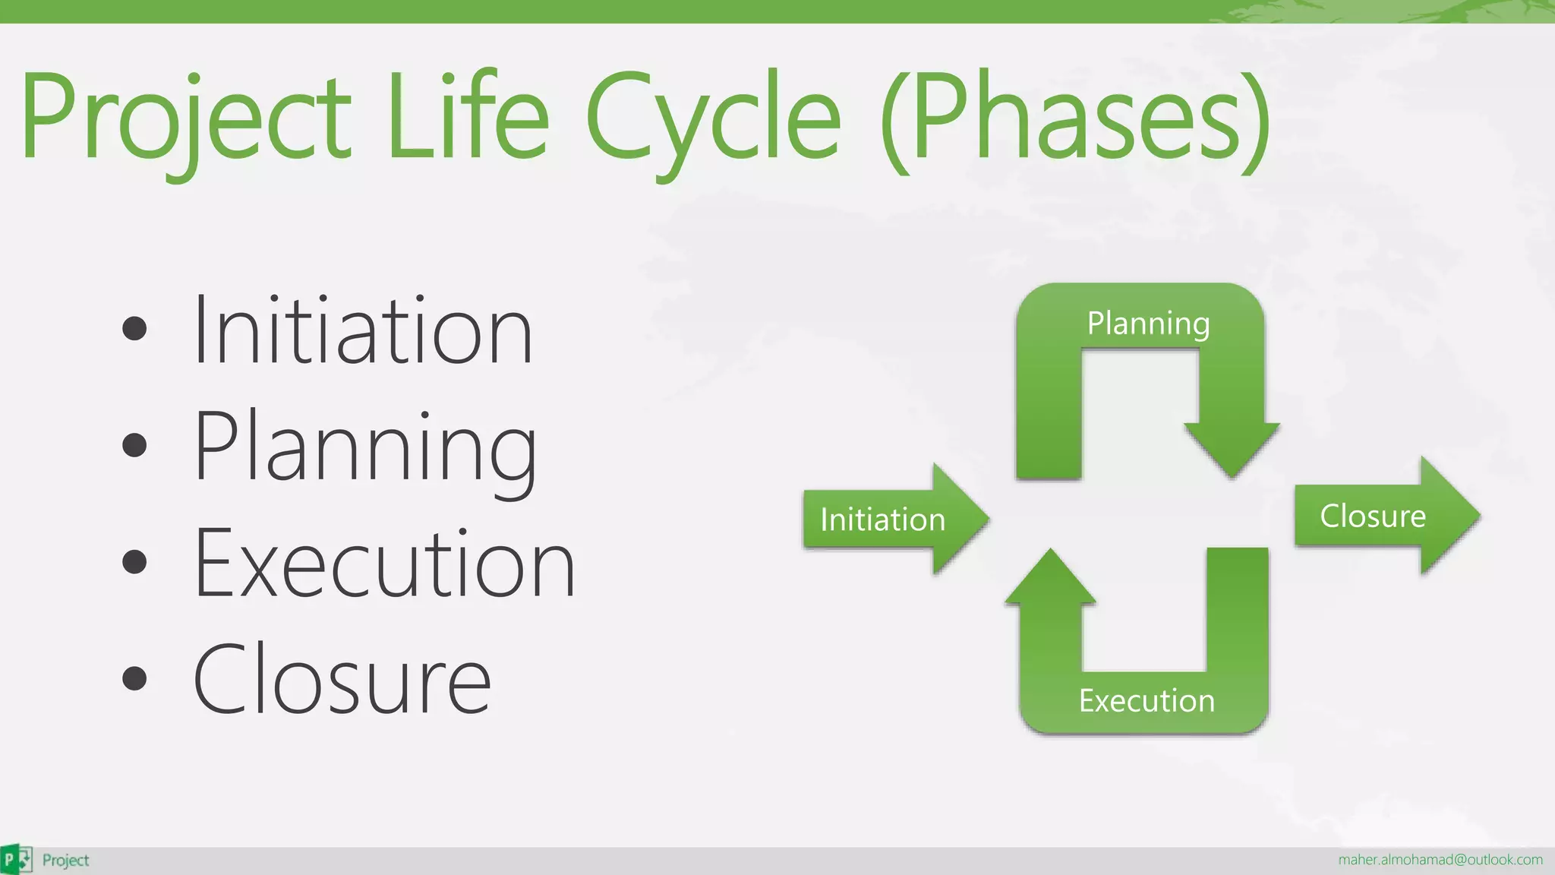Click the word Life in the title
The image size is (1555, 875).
467,118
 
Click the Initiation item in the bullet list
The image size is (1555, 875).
363,331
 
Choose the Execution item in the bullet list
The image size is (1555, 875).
383,564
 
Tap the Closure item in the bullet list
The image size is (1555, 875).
342,680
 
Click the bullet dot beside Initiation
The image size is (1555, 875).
134,328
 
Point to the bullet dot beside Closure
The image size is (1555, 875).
134,678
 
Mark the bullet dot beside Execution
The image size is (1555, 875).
134,562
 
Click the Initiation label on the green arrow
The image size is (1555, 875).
882,520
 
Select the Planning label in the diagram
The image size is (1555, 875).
1148,324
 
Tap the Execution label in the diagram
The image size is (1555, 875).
1147,700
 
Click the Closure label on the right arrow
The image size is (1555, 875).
1373,516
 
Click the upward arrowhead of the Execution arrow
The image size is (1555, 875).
1051,577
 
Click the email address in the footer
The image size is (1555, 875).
1440,860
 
